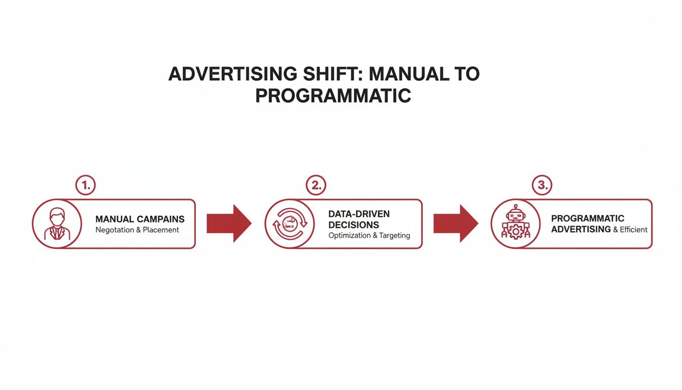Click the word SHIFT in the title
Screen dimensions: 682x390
click(x=330, y=74)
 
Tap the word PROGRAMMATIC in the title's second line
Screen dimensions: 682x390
click(x=333, y=95)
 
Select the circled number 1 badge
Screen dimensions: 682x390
click(x=85, y=186)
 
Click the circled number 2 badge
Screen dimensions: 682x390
click(x=316, y=186)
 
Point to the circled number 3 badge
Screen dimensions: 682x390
click(x=542, y=186)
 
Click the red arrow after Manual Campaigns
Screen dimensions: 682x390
click(x=229, y=223)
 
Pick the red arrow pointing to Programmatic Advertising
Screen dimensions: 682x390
click(x=455, y=223)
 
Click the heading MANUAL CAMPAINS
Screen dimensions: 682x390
click(x=140, y=219)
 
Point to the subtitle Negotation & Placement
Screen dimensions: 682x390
click(x=137, y=230)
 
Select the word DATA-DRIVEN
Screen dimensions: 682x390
click(x=359, y=214)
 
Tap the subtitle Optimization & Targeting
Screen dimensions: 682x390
click(x=369, y=236)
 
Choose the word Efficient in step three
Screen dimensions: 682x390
click(x=634, y=230)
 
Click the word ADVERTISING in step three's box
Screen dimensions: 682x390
click(x=581, y=229)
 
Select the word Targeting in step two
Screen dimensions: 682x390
click(x=394, y=236)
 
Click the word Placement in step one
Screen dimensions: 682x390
click(x=161, y=230)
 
